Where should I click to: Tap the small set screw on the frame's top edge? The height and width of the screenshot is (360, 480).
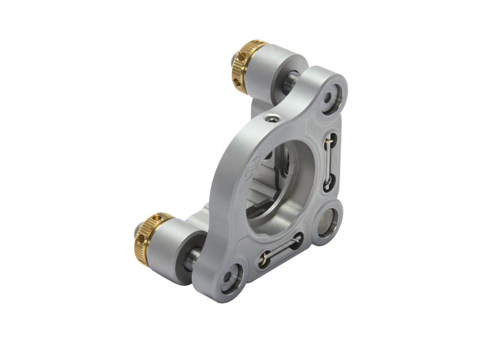[271, 119]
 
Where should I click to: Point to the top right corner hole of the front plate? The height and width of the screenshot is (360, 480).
[332, 95]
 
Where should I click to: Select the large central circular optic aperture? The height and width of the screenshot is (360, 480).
[280, 183]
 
